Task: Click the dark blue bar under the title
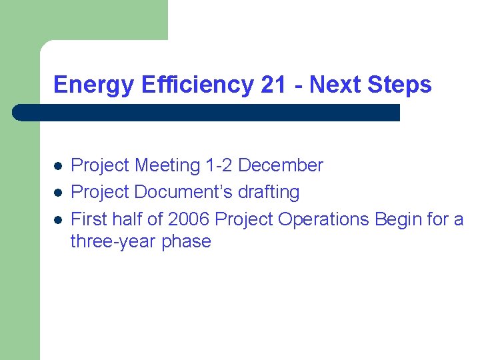207,112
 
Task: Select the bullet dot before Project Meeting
58,166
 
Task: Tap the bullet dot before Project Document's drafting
58,193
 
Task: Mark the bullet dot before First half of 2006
58,219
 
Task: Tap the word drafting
268,193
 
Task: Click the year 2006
189,219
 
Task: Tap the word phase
186,241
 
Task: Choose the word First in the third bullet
88,219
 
